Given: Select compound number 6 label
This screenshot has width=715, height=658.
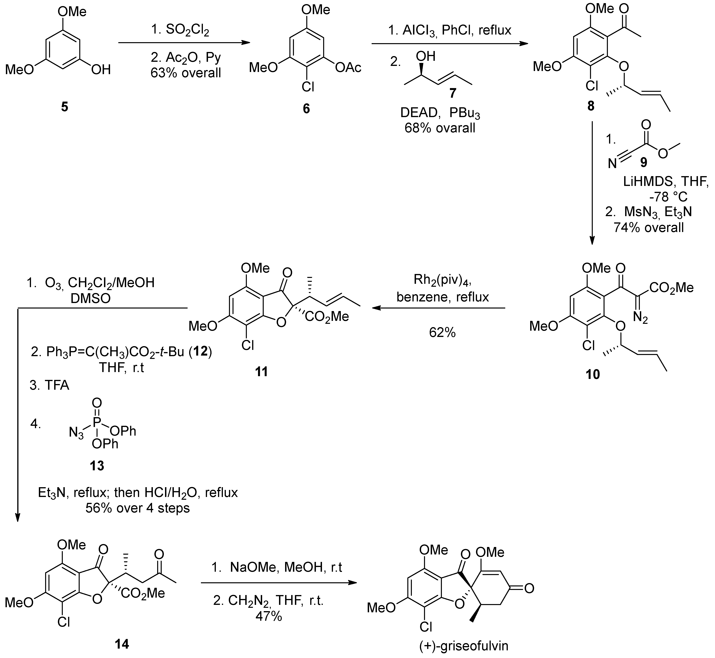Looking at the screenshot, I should [306, 109].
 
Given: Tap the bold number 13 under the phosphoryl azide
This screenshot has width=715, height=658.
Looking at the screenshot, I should [97, 465].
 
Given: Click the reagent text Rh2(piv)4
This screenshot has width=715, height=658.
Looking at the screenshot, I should [442, 281].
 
